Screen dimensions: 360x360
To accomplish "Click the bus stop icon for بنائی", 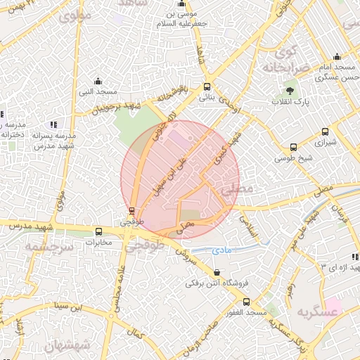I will pyautogui.click(x=206, y=87).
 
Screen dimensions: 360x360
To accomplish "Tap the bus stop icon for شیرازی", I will pyautogui.click(x=324, y=131).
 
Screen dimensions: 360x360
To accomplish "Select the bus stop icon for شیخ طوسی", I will pyautogui.click(x=293, y=147).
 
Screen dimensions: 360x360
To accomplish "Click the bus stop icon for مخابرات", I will pyautogui.click(x=98, y=231).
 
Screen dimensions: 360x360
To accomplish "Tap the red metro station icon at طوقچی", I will pyautogui.click(x=131, y=210).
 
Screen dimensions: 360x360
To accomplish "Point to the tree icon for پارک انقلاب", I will pyautogui.click(x=290, y=91).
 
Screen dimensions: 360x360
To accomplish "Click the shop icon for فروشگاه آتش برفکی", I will pyautogui.click(x=216, y=273).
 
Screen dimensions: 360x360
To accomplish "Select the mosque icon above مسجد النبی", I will pyautogui.click(x=98, y=82).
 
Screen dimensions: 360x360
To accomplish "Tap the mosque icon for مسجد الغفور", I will pyautogui.click(x=245, y=301).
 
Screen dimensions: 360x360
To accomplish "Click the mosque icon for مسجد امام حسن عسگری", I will pyautogui.click(x=337, y=57).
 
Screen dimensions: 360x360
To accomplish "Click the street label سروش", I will pyautogui.click(x=185, y=251).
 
